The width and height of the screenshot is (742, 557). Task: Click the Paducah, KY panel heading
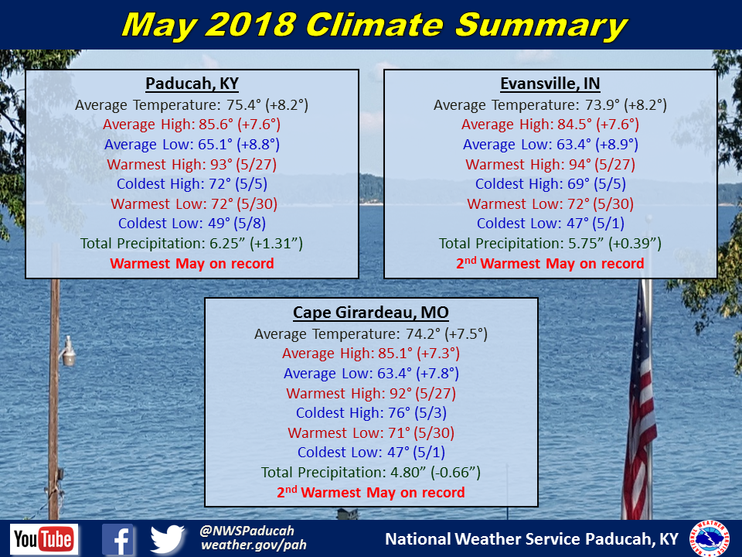tap(192, 84)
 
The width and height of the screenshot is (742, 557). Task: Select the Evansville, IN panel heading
tap(550, 84)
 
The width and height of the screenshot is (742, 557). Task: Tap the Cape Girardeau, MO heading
tap(370, 313)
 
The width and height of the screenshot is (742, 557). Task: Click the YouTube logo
tap(44, 539)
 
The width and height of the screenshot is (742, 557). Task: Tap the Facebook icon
tap(118, 539)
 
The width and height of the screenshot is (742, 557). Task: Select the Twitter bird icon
tap(168, 539)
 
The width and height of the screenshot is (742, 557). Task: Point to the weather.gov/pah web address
tap(254, 545)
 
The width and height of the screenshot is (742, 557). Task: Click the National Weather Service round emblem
tap(710, 538)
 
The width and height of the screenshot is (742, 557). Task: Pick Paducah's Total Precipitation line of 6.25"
tap(192, 244)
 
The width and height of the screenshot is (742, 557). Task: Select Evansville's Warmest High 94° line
tap(550, 164)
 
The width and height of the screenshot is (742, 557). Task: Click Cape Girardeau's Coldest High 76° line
tap(370, 413)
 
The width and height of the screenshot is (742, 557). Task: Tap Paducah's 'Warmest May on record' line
tap(192, 264)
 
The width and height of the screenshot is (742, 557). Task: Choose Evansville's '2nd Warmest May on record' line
tap(550, 264)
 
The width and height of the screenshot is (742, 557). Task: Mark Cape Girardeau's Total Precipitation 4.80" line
tap(370, 473)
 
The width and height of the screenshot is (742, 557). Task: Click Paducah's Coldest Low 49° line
tap(192, 224)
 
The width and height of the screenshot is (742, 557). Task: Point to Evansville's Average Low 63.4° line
tap(550, 144)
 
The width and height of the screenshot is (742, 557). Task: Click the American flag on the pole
tap(641, 418)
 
